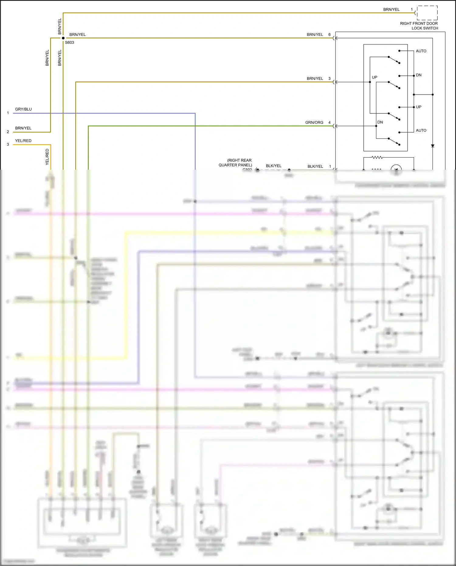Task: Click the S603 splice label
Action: coord(69,43)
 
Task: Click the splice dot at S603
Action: coord(63,38)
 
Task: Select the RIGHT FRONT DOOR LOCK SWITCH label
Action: coord(419,26)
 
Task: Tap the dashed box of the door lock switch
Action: coord(427,13)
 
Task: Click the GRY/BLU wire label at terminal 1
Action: coord(23,109)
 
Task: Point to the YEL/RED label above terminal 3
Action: coord(23,141)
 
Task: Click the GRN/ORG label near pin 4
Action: coord(314,123)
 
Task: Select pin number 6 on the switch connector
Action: coord(329,35)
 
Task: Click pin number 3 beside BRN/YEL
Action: coord(329,78)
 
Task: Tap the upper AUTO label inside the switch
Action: coord(421,51)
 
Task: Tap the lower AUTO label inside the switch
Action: coord(421,130)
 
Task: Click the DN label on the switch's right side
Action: coord(419,75)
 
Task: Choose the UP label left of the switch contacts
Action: coord(375,77)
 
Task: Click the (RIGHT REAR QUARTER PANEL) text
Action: coord(236,163)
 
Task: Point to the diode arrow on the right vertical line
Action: coord(433,146)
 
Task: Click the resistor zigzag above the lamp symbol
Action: coord(377,158)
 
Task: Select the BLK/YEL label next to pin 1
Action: coord(315,166)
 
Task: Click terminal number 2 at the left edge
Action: coord(8,132)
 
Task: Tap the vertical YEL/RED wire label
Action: coord(47,157)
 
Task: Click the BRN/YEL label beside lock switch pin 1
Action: coord(391,10)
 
